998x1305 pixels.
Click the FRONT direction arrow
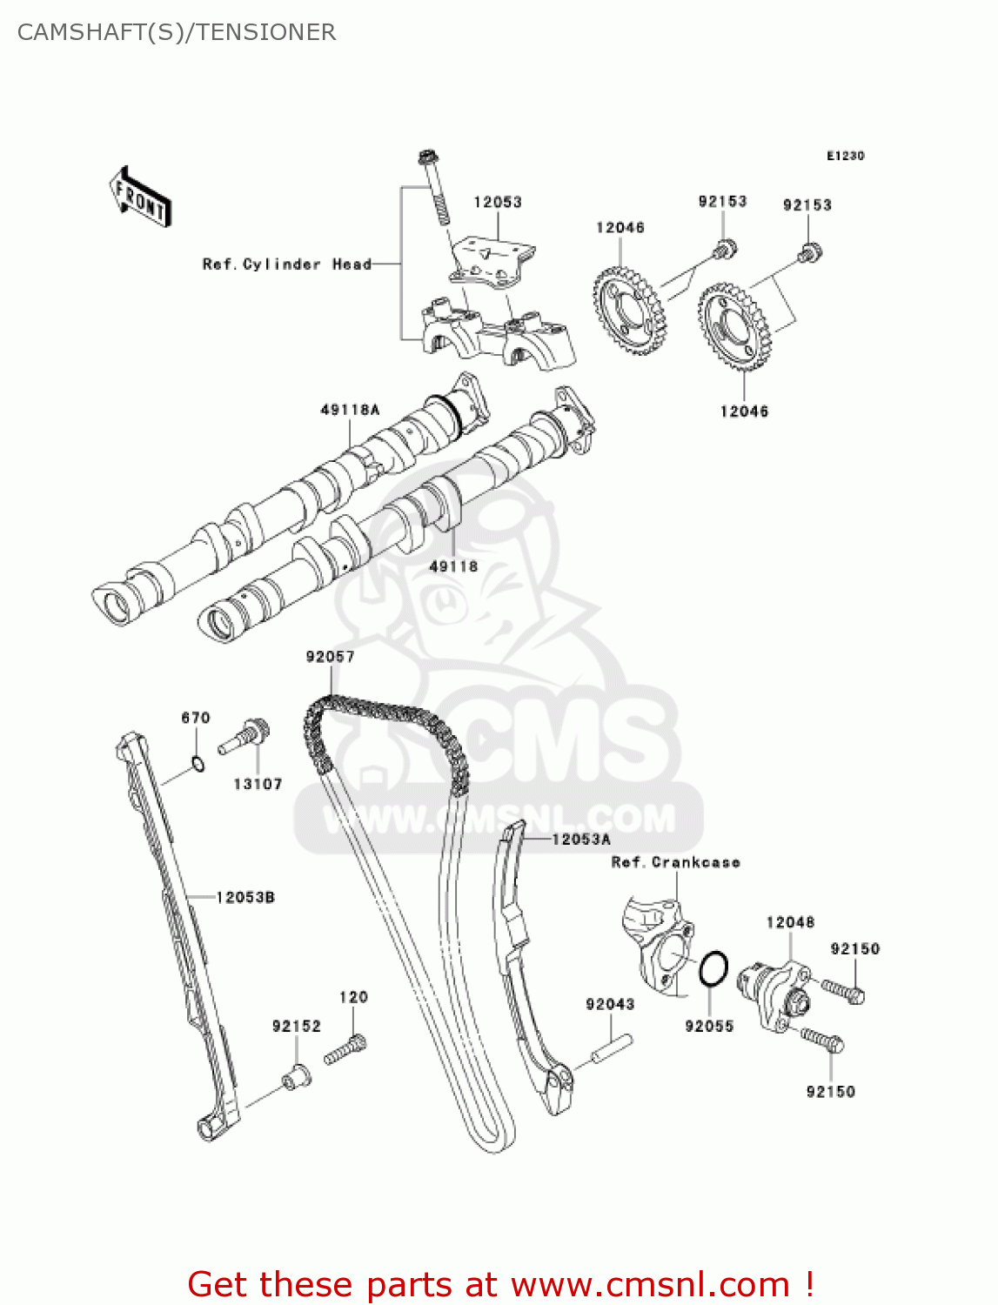[140, 197]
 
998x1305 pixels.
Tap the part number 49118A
[350, 409]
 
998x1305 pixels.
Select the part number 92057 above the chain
[330, 656]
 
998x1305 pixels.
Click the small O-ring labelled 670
[198, 765]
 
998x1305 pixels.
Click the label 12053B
[245, 896]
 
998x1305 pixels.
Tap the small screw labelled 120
[345, 1049]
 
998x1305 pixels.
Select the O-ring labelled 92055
[713, 969]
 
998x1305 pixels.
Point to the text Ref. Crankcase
[675, 862]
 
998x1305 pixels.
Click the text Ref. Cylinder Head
[286, 264]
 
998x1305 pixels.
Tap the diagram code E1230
[845, 156]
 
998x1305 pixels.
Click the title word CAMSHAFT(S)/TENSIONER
[177, 32]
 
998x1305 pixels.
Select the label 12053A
[581, 839]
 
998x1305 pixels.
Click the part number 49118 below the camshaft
[453, 566]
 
